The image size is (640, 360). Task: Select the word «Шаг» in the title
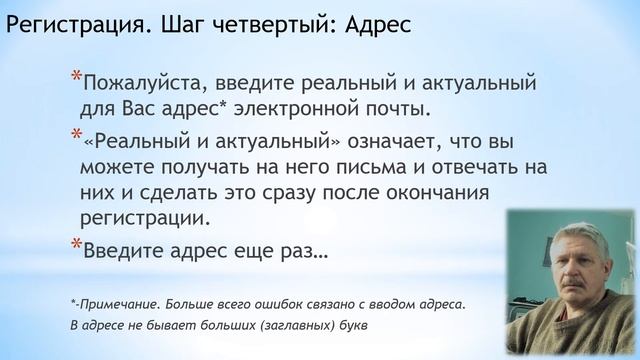177,25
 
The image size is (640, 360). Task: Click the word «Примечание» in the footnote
120,303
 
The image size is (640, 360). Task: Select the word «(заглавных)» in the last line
293,327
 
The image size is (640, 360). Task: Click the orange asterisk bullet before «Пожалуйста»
76,76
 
